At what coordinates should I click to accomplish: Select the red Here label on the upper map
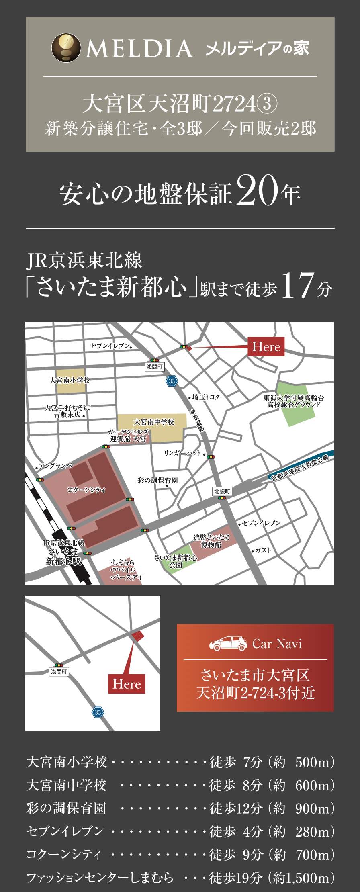[266, 346]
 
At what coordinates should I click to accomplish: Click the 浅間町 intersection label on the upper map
[155, 367]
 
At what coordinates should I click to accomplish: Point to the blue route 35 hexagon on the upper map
[172, 381]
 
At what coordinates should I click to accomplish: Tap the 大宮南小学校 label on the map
[70, 380]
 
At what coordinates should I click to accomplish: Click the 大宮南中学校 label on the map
[154, 422]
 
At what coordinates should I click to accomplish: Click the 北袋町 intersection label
[222, 491]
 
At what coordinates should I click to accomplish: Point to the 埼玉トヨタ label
[206, 397]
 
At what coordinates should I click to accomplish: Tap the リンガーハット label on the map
[182, 453]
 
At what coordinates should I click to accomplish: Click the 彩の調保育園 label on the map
[157, 480]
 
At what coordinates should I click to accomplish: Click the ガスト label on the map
[263, 550]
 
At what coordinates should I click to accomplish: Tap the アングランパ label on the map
[55, 466]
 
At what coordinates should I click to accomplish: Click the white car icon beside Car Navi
[227, 644]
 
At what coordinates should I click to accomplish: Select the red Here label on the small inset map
[127, 684]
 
